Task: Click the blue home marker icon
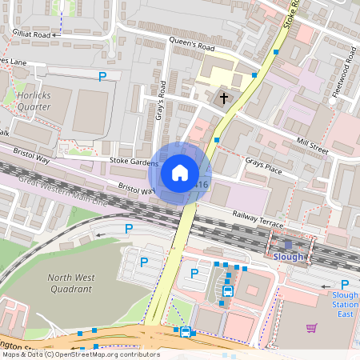180,172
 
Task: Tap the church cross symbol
224,98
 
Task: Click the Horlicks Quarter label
33,99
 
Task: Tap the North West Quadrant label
71,283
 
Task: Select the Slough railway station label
289,257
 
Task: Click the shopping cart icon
311,327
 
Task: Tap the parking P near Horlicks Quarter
102,77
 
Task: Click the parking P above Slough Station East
345,285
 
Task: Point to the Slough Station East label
345,305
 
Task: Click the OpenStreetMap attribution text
81,354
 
